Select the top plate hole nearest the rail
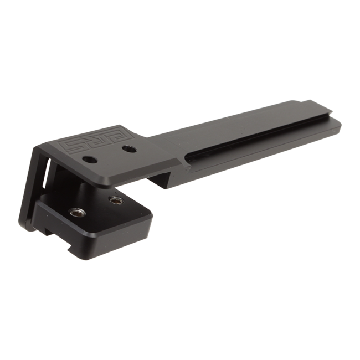coord(129,149)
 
